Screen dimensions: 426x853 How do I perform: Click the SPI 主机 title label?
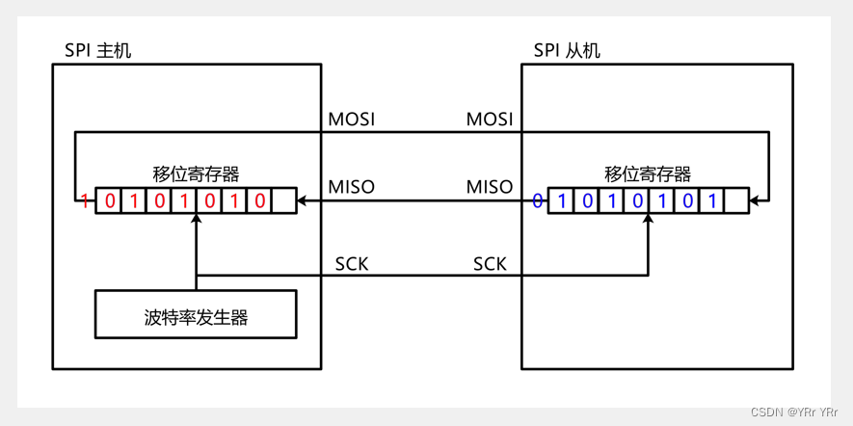point(97,50)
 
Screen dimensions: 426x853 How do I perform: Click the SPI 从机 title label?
point(567,50)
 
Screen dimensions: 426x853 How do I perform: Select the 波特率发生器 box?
point(196,315)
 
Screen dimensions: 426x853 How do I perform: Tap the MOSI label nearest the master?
point(351,120)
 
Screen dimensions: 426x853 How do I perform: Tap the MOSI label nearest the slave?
point(490,120)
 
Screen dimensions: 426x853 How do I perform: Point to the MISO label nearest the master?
point(351,186)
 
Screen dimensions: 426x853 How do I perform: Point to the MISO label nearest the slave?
point(490,186)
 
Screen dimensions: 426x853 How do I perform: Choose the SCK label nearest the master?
point(351,263)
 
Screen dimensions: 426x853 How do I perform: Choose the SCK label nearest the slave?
point(490,263)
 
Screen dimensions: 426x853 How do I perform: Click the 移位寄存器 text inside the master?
point(196,174)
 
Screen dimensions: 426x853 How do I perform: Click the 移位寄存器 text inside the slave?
point(648,174)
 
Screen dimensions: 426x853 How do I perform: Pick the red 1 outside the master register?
point(85,201)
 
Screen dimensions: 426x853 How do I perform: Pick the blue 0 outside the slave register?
point(538,201)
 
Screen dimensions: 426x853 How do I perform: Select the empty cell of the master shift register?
point(283,201)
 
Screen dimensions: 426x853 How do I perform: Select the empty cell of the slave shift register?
point(735,201)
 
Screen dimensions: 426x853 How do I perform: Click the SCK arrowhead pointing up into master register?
point(196,219)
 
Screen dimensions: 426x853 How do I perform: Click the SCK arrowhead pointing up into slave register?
point(648,219)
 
